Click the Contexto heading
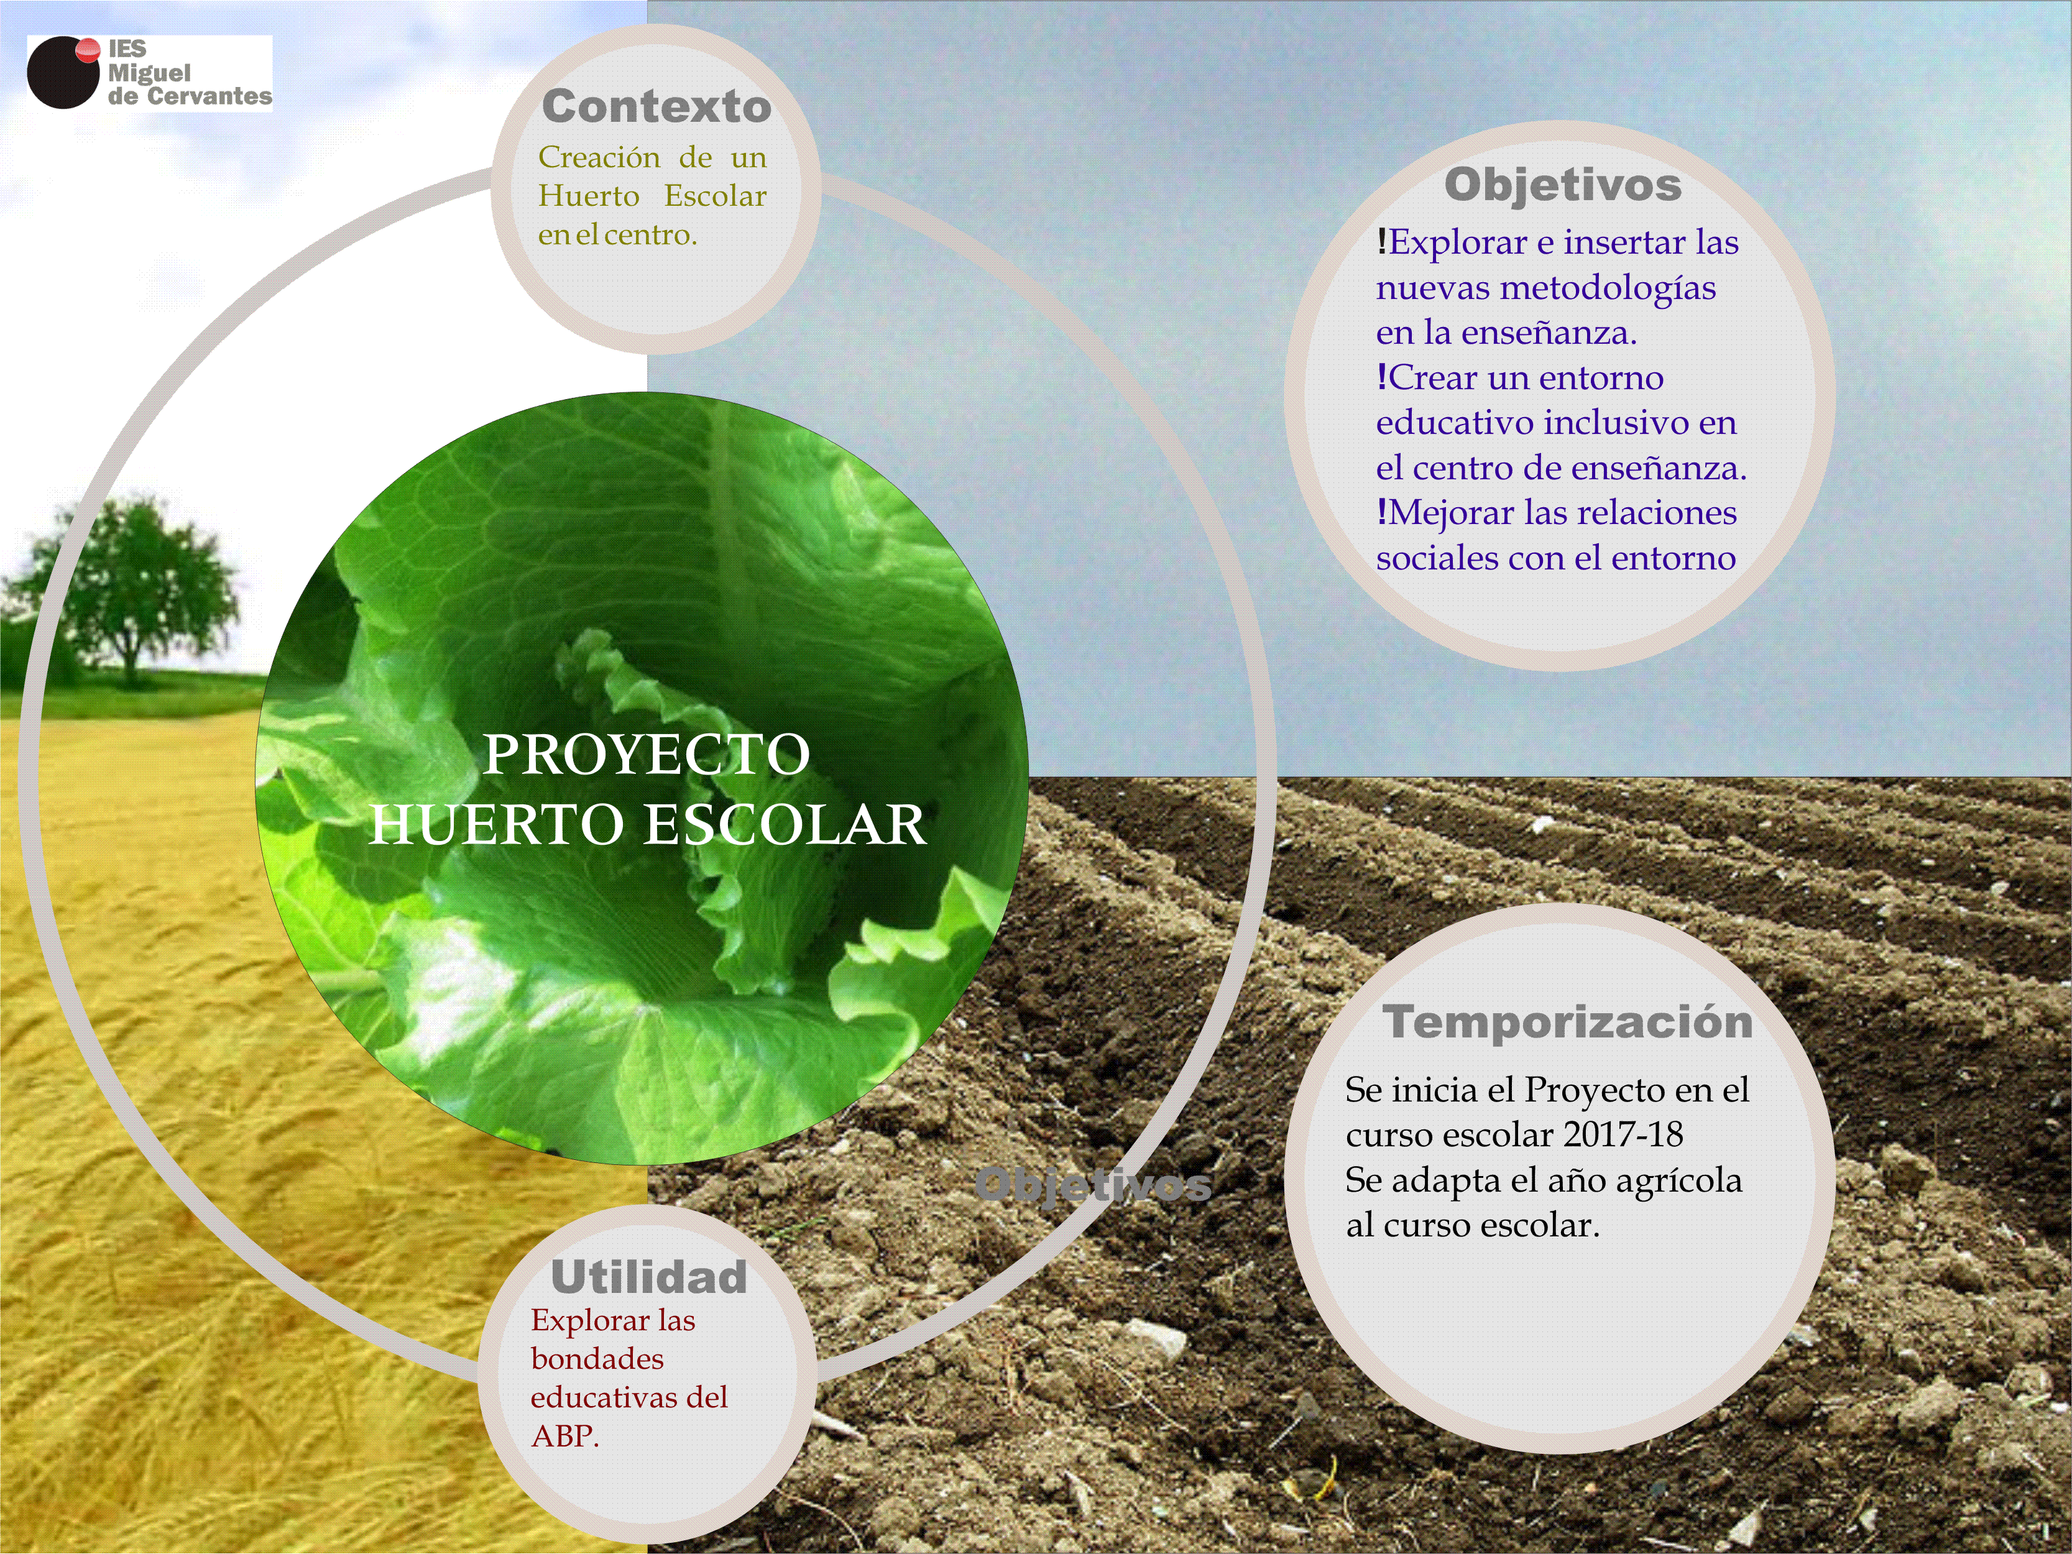[656, 106]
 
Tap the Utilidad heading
[649, 1277]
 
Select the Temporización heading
[1567, 1021]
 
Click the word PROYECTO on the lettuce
[647, 754]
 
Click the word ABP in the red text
[563, 1436]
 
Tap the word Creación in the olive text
[599, 157]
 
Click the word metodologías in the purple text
[1608, 288]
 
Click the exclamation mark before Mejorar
[1382, 512]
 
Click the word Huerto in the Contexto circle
[588, 196]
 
